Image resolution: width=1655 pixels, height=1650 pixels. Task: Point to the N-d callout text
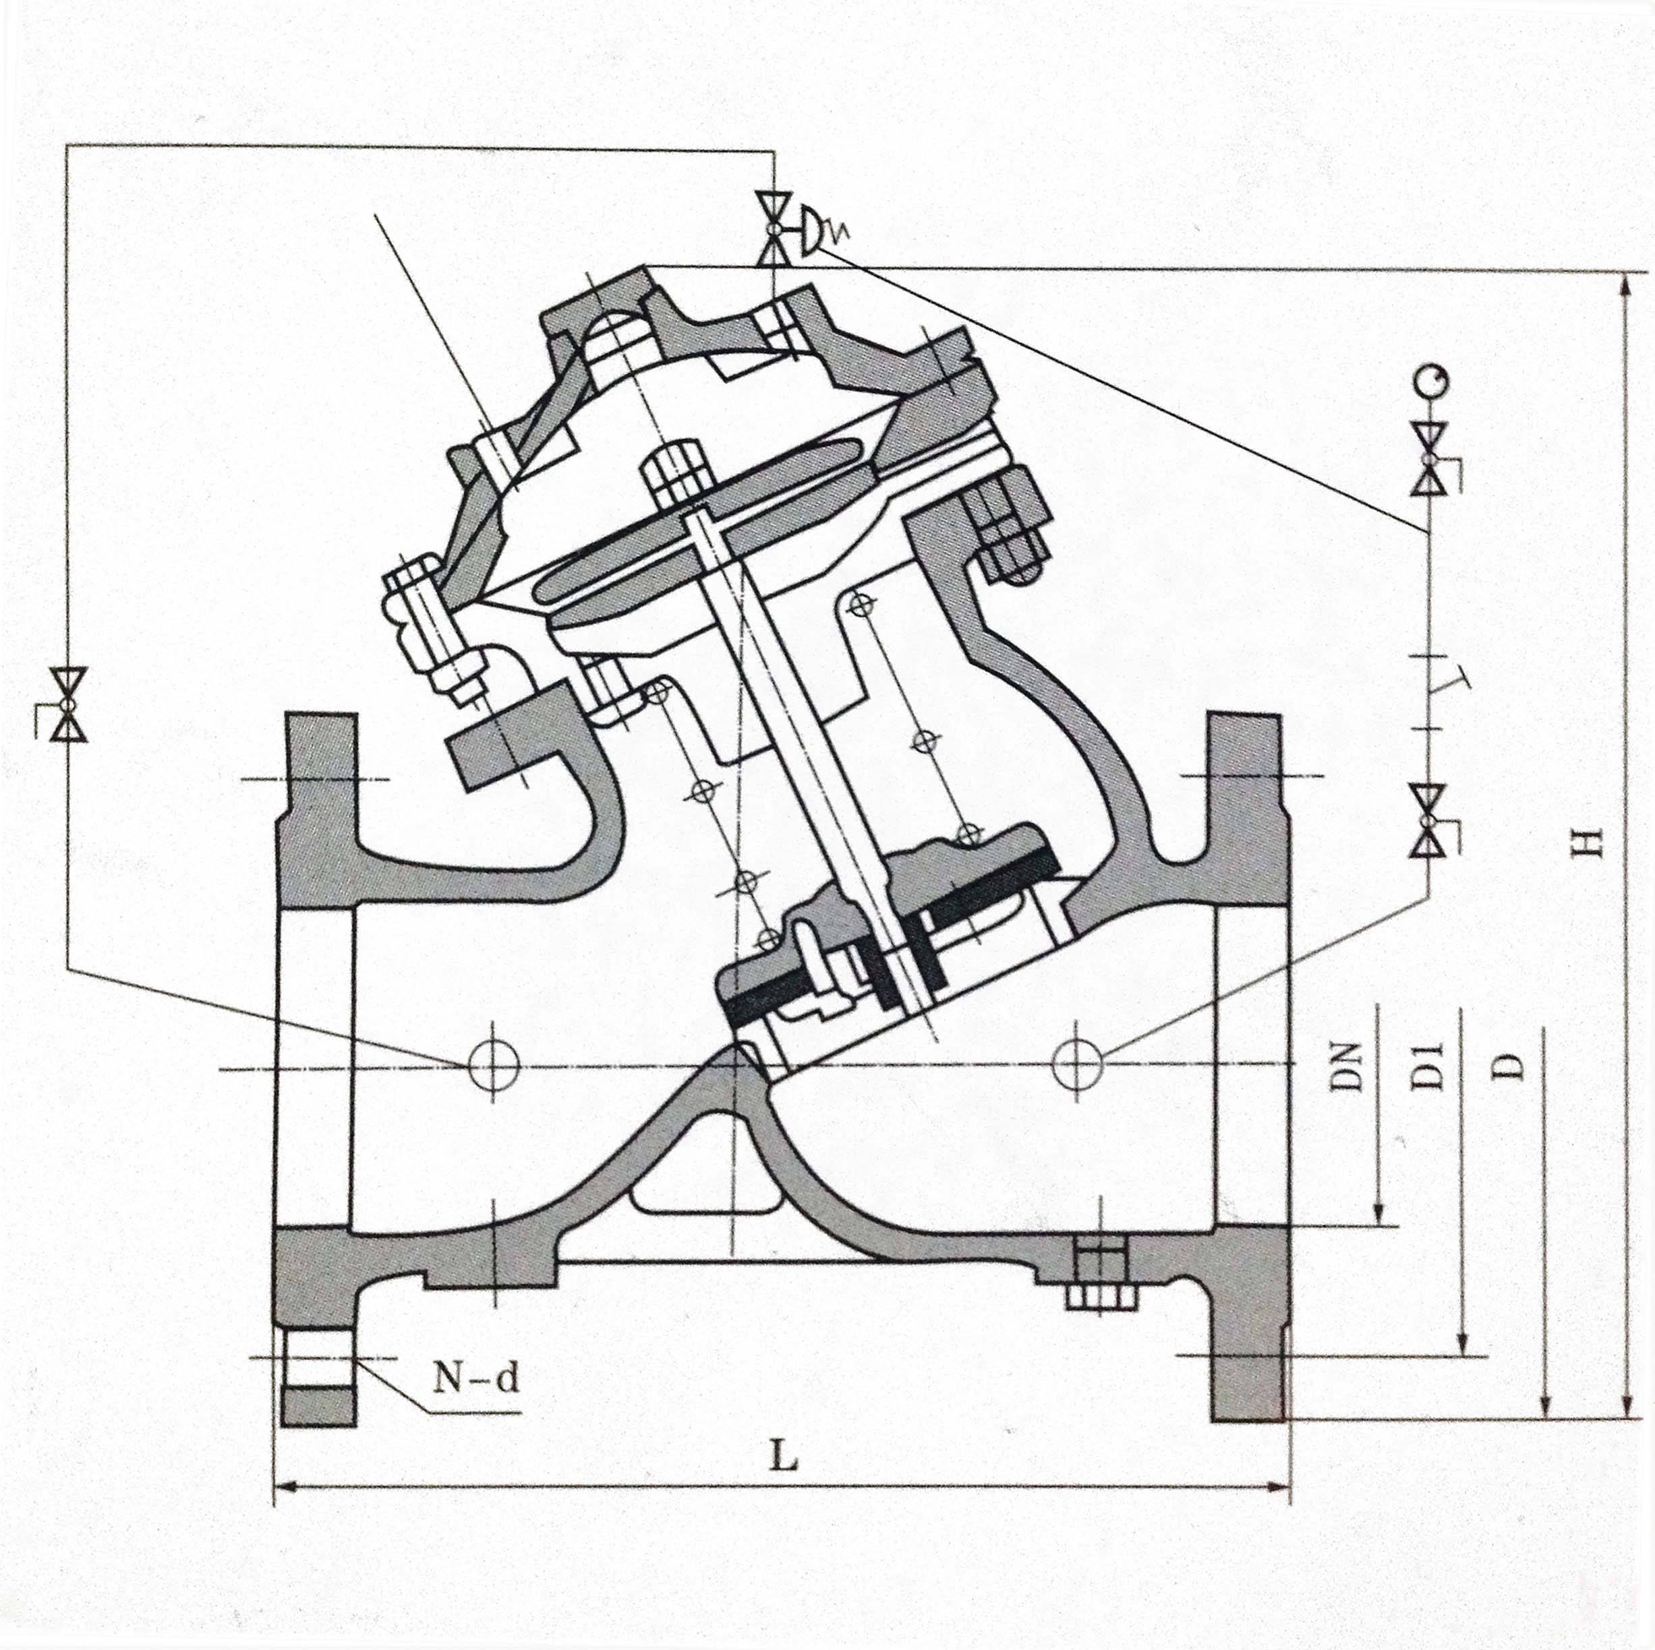point(475,1378)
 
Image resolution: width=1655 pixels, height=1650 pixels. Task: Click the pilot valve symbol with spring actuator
point(776,228)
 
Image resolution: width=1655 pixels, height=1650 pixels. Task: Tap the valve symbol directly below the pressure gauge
point(1428,459)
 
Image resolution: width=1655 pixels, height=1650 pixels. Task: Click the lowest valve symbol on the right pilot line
point(1428,821)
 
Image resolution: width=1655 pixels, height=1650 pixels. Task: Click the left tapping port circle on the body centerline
point(494,1066)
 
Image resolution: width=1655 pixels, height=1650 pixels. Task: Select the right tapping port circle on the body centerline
point(1078,1066)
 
